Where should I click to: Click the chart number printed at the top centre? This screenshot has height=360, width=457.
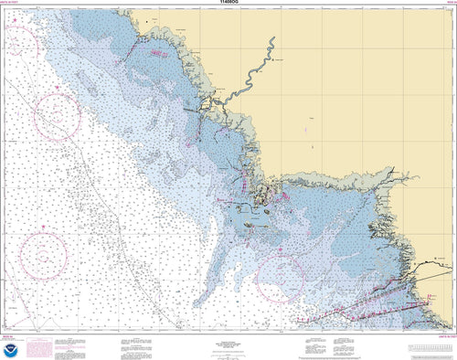coord(228,4)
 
